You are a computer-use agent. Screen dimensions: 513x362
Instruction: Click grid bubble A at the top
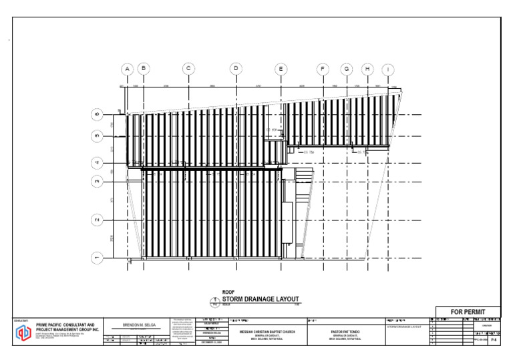pos(127,69)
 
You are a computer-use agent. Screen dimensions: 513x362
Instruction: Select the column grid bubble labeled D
pos(236,69)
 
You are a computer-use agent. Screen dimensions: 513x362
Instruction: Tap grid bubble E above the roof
pos(281,69)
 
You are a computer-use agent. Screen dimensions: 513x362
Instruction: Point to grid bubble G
pos(346,69)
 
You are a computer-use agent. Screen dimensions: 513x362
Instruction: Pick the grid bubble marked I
pos(388,69)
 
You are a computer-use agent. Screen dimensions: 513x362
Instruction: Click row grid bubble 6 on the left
pos(97,114)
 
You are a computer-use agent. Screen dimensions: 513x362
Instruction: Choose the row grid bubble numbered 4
pos(97,162)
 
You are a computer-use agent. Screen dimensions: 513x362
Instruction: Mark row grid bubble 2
pos(97,220)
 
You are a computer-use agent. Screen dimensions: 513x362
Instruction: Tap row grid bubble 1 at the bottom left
pos(97,258)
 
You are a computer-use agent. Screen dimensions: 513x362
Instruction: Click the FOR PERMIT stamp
pos(468,313)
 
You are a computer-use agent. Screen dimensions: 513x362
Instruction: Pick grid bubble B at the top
pos(143,69)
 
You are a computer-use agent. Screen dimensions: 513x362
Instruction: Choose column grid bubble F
pos(323,69)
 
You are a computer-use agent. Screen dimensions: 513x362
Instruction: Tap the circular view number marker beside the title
pos(216,301)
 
